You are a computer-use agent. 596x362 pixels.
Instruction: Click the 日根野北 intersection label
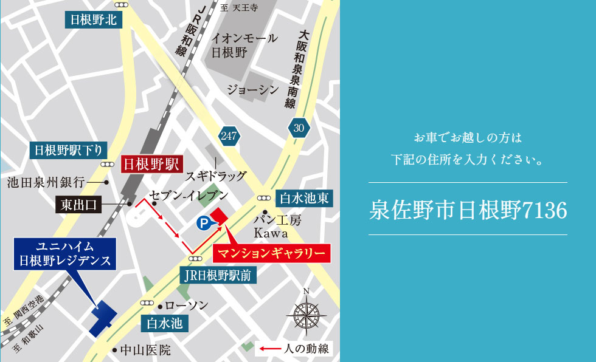(94, 20)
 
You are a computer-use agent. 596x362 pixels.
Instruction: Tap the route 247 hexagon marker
(229, 135)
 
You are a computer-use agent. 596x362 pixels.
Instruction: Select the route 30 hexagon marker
(299, 128)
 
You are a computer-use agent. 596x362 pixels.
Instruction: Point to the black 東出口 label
(79, 205)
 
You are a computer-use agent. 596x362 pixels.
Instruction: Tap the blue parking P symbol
(203, 224)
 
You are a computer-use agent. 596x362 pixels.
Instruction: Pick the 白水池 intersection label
(165, 323)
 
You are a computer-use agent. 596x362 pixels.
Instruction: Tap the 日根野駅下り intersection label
(69, 149)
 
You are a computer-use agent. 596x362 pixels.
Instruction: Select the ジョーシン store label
(252, 90)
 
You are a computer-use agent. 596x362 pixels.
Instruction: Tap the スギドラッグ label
(217, 176)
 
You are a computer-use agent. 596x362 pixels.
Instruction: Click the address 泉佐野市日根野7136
(468, 210)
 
